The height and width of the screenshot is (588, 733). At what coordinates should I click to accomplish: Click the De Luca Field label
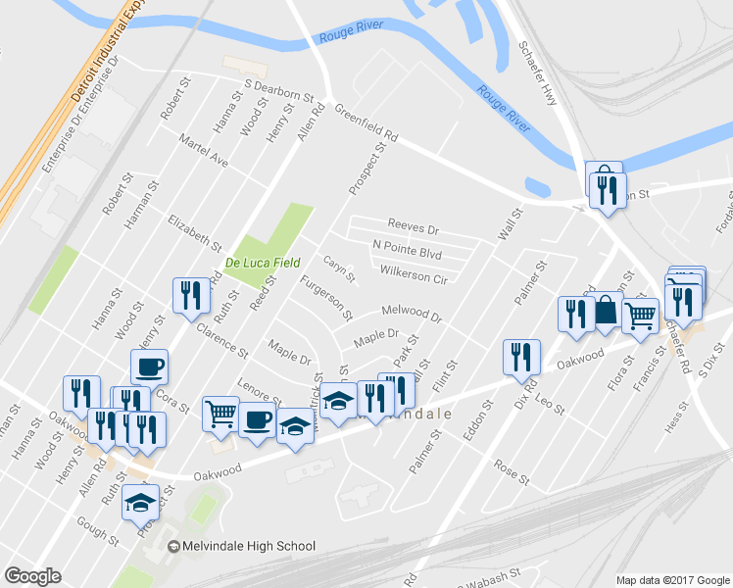click(260, 263)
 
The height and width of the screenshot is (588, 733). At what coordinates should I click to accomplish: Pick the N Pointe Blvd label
click(407, 249)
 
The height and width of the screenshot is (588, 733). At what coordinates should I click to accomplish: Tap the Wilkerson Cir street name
click(413, 273)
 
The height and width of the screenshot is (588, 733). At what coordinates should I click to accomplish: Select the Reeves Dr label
click(413, 226)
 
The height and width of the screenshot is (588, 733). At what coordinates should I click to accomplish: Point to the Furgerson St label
click(326, 300)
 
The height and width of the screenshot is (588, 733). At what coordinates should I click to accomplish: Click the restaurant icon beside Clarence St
click(189, 294)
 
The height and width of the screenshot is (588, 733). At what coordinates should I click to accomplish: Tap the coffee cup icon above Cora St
click(149, 367)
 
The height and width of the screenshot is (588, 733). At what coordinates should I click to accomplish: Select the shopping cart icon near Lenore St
click(220, 413)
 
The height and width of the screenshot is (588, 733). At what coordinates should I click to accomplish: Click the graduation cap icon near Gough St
click(140, 502)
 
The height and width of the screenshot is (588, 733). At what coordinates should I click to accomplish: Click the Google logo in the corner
click(32, 576)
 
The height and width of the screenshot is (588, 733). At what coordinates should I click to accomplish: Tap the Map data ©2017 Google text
click(672, 580)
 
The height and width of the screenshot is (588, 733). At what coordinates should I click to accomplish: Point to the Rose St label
click(511, 471)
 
